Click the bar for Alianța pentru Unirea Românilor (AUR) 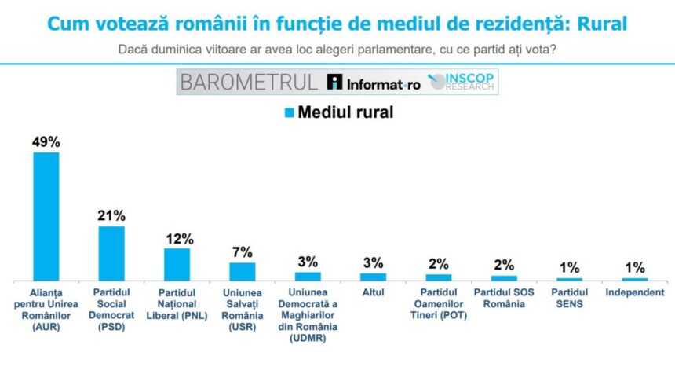coord(46,216)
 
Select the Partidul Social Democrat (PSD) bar coord(111,253)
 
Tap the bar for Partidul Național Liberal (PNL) coord(177,264)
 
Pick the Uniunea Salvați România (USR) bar coord(242,271)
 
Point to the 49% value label coord(46,142)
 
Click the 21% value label coord(111,215)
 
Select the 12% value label coord(177,238)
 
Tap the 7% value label coord(242,252)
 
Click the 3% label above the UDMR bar coord(308,262)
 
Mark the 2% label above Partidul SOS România coord(504,265)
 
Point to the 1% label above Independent coord(635,267)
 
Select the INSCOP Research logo coord(462,82)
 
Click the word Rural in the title coord(602,24)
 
